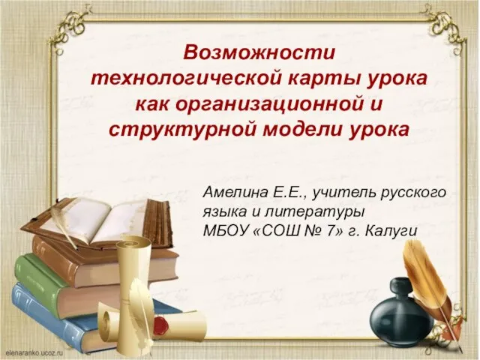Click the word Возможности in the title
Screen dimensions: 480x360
259,53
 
